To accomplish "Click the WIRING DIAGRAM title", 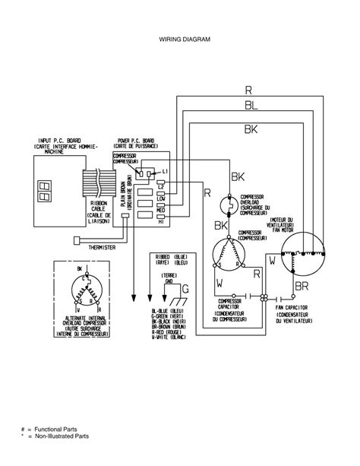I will [x=180, y=37].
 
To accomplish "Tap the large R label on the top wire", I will [x=248, y=90].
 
